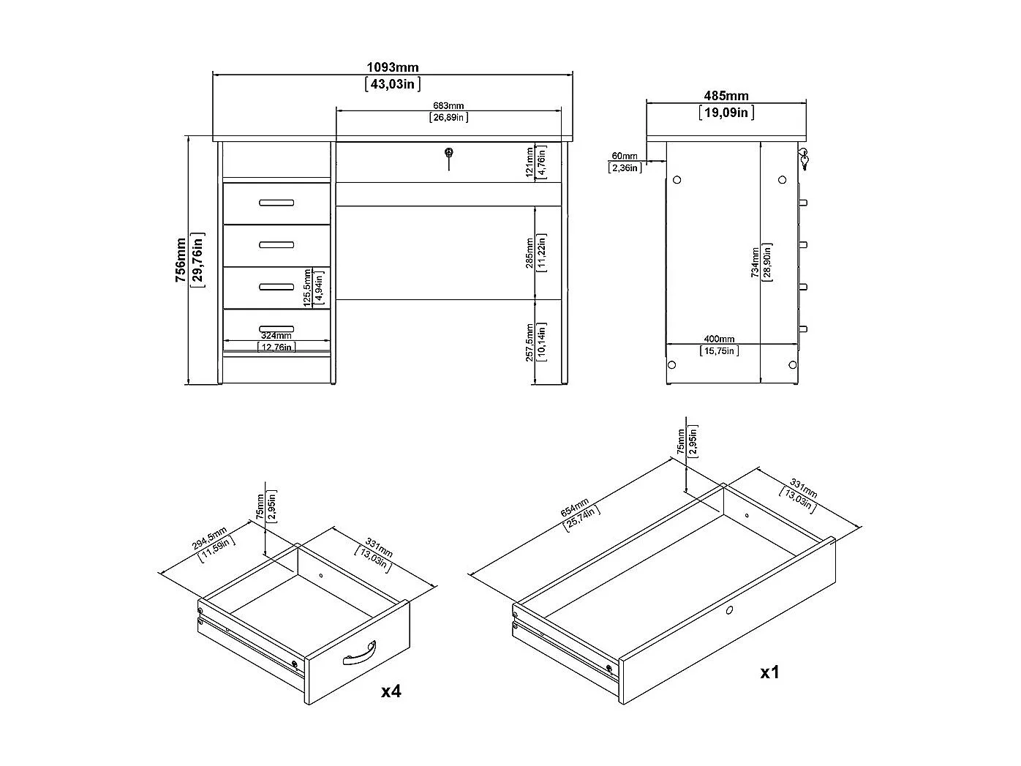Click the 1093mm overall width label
click(x=392, y=68)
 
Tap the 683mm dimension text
click(x=449, y=106)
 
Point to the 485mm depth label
click(x=726, y=96)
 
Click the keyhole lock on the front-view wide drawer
click(x=449, y=153)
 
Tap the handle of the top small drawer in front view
click(x=276, y=203)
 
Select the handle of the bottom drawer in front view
click(x=276, y=328)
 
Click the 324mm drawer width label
click(x=276, y=337)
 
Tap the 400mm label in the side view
click(x=719, y=339)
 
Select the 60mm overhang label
click(x=624, y=156)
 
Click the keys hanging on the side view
click(x=804, y=159)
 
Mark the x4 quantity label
click(x=391, y=691)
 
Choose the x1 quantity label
click(x=769, y=672)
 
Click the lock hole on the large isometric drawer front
click(x=729, y=609)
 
